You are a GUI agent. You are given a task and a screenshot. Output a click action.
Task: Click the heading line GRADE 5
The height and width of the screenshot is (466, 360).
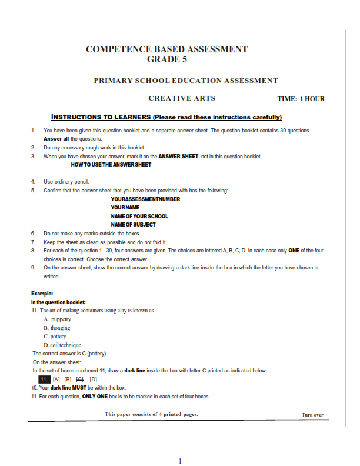(167, 59)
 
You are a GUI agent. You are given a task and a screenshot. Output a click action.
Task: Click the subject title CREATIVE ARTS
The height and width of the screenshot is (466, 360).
(182, 98)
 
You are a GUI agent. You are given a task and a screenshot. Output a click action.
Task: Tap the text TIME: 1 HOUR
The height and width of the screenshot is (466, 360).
(301, 99)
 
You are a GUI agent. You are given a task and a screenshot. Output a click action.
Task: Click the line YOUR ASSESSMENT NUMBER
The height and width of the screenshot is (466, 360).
(145, 199)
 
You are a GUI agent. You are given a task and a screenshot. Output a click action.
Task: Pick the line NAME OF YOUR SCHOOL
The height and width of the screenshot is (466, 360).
(139, 216)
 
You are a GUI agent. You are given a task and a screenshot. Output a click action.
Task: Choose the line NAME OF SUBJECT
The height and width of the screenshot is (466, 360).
(134, 224)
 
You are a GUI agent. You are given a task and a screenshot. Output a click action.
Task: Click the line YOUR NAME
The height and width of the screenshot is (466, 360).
(125, 208)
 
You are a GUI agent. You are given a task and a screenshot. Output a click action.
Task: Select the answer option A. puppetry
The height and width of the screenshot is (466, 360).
(57, 319)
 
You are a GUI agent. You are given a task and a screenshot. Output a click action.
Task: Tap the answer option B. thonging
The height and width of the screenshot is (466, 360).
(56, 328)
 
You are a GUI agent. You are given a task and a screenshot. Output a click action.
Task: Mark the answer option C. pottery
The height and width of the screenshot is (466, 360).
(55, 337)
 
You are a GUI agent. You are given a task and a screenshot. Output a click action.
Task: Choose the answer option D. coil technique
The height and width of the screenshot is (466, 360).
(63, 345)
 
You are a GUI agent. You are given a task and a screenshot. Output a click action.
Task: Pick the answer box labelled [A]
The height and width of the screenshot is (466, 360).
(56, 380)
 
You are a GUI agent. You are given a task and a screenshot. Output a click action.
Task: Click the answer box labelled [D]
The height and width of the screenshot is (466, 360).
(93, 380)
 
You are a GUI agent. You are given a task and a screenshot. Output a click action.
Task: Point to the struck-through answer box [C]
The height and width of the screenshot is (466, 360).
(81, 380)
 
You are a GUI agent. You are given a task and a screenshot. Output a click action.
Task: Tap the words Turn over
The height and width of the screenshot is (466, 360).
(312, 415)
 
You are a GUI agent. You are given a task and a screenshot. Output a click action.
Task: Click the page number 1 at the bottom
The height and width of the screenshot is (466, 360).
(180, 460)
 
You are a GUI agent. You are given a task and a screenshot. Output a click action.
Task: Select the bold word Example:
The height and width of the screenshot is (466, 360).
(42, 293)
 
